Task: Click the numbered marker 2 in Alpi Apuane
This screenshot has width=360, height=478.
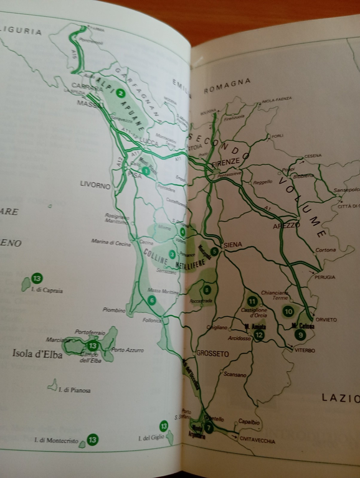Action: point(121,94)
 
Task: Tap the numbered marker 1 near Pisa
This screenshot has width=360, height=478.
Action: point(145,171)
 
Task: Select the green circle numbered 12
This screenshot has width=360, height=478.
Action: point(258,335)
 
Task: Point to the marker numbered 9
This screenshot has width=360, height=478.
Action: point(301,334)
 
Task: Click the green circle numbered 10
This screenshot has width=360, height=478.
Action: point(288,311)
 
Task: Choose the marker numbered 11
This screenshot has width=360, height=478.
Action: point(252,301)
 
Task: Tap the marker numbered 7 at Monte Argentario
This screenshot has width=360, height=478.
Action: point(209,428)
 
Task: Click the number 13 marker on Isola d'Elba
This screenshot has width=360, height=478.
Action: point(93,345)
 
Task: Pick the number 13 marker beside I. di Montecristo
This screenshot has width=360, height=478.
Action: point(92,440)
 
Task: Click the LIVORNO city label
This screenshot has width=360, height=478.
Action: point(95,185)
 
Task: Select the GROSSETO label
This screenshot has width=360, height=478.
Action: point(212,354)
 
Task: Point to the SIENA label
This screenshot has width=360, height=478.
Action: point(232,245)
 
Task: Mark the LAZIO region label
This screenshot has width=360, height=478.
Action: point(340,397)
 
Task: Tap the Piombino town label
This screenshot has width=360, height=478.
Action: point(114,309)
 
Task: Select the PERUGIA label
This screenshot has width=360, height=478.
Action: point(324,277)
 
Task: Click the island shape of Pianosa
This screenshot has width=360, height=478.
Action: point(52,385)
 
